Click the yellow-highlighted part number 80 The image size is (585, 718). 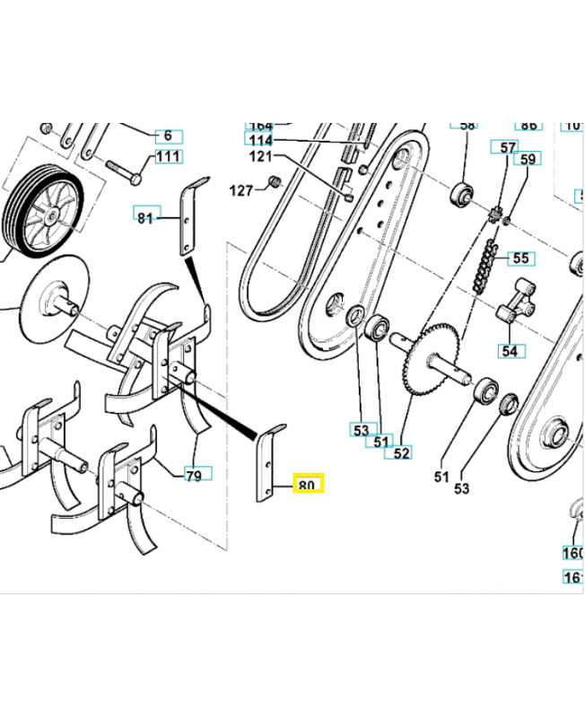tap(307, 486)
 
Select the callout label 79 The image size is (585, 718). tap(193, 474)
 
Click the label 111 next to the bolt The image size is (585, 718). tap(168, 157)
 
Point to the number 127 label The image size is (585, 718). tap(241, 190)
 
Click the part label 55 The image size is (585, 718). tap(520, 258)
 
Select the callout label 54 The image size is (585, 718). tap(510, 350)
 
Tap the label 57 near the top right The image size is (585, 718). tap(508, 146)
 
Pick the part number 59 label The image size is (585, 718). tap(528, 160)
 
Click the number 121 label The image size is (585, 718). tap(259, 156)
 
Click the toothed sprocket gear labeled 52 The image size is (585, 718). tap(433, 359)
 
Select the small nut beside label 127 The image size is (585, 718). tap(267, 185)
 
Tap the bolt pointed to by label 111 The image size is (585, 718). tap(122, 171)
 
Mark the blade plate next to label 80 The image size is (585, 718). tap(268, 463)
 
